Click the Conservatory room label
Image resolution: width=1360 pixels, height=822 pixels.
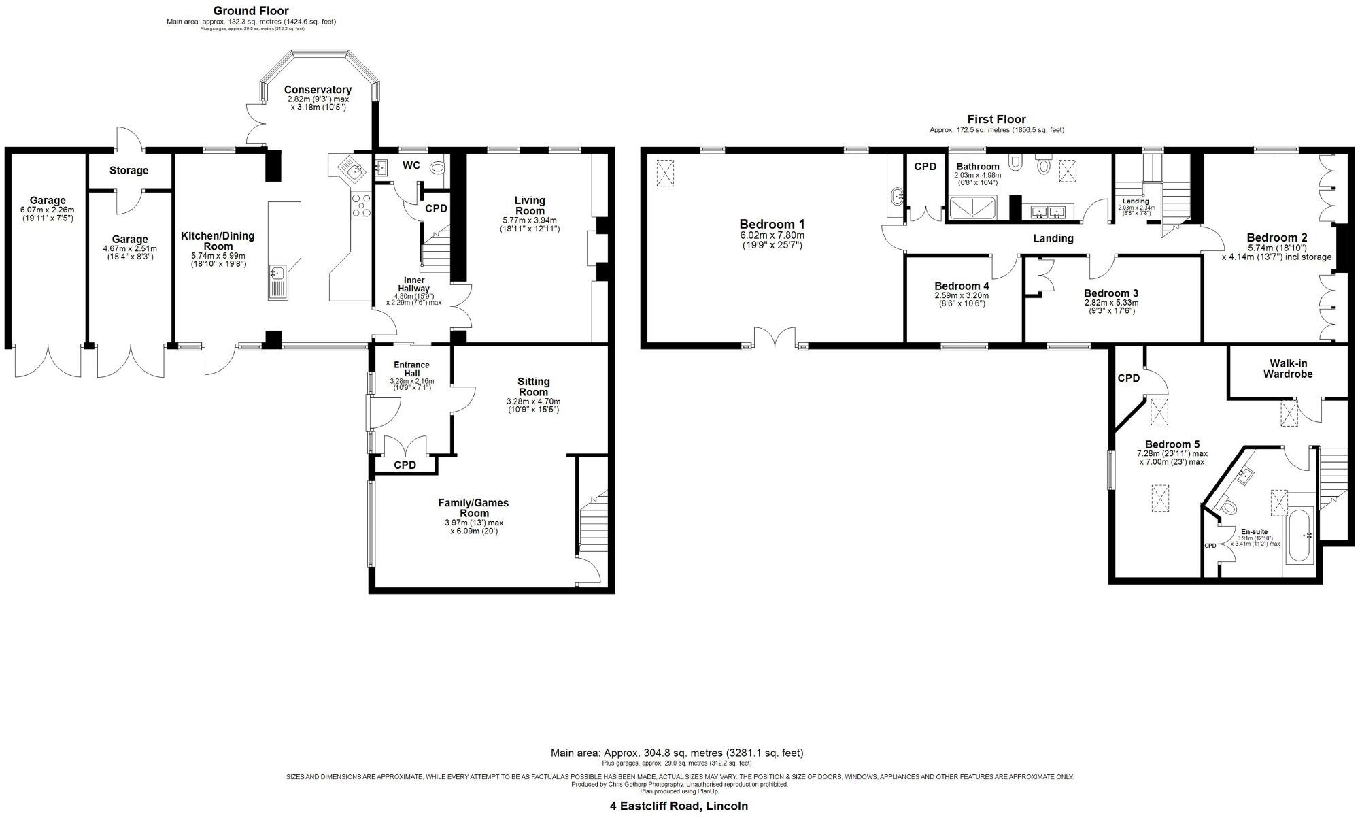click(318, 90)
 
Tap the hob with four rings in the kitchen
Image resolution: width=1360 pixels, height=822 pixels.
click(360, 205)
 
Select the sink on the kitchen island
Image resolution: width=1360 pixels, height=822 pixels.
click(277, 274)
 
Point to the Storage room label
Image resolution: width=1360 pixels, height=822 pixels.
click(129, 171)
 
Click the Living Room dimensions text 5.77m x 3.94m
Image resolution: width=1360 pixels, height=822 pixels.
click(529, 220)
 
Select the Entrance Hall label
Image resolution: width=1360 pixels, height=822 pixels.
click(411, 369)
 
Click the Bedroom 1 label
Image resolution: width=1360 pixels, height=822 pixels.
click(772, 224)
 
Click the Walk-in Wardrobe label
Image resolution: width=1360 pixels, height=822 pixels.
click(1287, 369)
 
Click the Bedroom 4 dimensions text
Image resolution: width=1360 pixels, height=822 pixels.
click(961, 299)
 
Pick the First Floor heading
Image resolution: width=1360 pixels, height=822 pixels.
click(996, 120)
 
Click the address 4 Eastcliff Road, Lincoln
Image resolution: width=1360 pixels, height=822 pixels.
click(678, 806)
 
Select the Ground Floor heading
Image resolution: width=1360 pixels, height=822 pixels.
click(251, 11)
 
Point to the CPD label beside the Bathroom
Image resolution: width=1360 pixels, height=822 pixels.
click(925, 167)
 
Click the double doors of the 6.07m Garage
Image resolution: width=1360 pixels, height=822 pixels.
click(48, 361)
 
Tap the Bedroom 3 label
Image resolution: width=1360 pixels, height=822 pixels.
click(1110, 293)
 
